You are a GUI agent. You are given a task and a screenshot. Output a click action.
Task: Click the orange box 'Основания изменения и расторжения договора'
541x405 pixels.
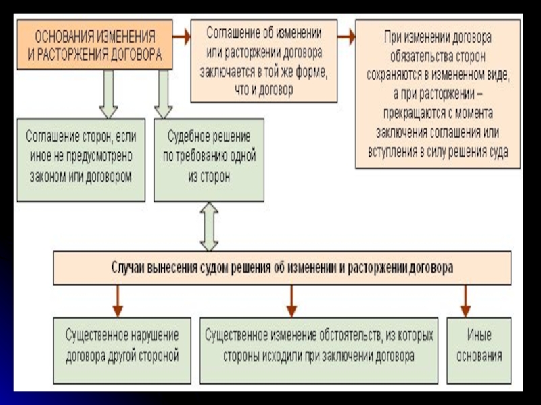coord(95,45)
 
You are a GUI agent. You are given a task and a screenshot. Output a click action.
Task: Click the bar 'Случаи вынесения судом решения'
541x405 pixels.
coord(282,268)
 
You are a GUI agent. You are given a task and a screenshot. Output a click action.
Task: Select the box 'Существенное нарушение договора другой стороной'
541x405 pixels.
coord(122,346)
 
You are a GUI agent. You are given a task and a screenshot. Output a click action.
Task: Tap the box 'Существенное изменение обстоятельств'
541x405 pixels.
coord(319,346)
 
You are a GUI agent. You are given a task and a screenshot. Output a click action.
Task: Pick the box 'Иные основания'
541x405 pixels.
coord(479,346)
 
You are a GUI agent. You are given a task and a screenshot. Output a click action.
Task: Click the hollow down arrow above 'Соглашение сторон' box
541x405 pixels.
coord(108,94)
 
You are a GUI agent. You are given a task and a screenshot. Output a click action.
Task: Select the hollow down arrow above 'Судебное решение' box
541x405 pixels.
coord(164,94)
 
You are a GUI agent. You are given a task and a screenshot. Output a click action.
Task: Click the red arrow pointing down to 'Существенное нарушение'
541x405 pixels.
coord(118,301)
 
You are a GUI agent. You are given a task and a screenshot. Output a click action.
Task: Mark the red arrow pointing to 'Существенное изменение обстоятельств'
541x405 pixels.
coord(291,301)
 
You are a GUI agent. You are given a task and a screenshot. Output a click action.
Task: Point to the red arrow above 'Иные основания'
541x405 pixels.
coord(465,301)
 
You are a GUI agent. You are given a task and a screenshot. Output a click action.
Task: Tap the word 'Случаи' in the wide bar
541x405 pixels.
coord(129,268)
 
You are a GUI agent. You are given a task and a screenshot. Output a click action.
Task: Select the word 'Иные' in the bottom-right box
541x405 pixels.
coord(479,335)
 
